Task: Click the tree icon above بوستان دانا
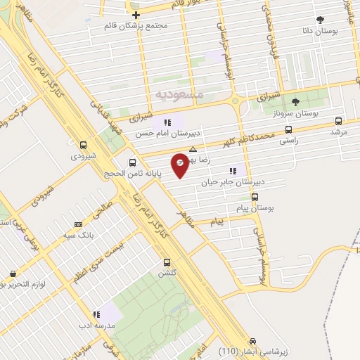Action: [321, 20]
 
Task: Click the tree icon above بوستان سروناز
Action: [295, 102]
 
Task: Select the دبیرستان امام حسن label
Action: [167, 133]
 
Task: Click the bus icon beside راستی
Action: [288, 129]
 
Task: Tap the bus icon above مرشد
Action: [339, 120]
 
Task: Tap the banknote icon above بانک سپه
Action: [77, 225]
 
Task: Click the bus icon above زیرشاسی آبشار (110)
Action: [264, 339]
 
